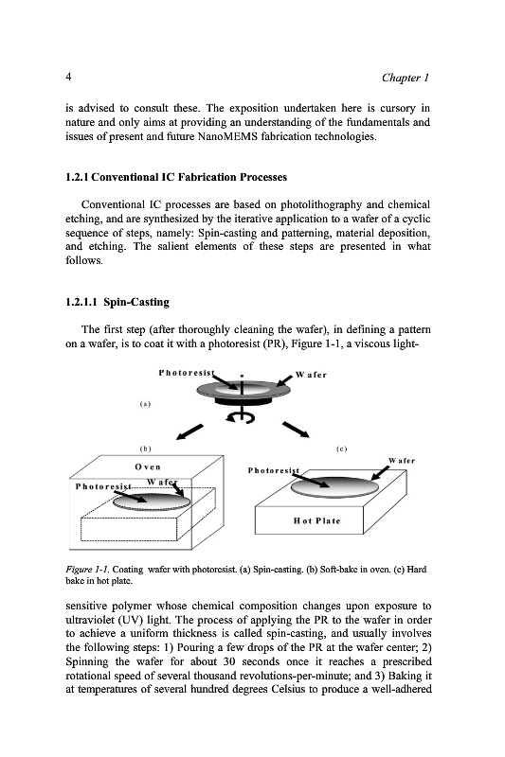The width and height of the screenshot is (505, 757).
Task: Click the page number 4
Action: (68, 77)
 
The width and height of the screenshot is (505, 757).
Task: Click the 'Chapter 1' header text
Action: (405, 78)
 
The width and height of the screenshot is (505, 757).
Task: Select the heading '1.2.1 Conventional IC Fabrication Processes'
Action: (176, 177)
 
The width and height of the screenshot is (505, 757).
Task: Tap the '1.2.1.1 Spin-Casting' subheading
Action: (117, 302)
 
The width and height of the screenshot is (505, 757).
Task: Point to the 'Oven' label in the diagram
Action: (148, 467)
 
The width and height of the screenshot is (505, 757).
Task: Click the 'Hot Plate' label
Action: (317, 521)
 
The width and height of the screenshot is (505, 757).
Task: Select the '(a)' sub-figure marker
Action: (145, 404)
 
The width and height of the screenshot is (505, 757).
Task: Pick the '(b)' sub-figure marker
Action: (145, 449)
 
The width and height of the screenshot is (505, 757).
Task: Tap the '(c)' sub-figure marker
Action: (341, 449)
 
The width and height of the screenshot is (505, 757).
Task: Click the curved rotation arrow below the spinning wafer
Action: (240, 417)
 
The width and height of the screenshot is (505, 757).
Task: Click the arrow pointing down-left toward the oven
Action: (189, 432)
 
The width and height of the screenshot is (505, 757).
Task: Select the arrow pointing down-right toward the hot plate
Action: (296, 430)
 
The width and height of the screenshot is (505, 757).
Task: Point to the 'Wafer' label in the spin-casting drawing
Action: (311, 375)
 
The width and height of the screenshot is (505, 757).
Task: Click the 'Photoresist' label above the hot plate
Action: (274, 470)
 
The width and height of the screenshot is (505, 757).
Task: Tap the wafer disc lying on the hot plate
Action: (334, 487)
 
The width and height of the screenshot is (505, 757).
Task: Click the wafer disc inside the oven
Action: (152, 502)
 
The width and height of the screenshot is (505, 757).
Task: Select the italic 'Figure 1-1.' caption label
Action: (87, 570)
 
